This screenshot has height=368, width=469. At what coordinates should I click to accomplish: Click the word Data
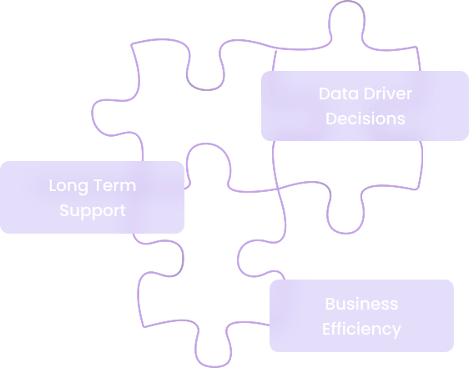tap(335, 93)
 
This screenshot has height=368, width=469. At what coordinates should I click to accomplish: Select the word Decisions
tap(365, 118)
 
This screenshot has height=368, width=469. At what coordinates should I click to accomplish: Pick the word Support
tap(92, 210)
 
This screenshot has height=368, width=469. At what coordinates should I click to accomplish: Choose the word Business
tap(361, 304)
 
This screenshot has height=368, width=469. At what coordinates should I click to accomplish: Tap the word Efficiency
tap(361, 329)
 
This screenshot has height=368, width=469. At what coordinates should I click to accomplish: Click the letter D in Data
tap(324, 93)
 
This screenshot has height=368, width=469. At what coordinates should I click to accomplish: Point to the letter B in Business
tap(330, 304)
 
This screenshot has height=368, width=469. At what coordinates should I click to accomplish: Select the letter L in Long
tap(53, 185)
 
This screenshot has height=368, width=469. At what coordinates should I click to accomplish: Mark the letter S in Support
tap(63, 210)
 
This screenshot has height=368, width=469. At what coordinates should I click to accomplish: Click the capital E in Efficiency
tap(327, 329)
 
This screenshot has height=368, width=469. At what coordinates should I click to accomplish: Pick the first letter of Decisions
tap(331, 118)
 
